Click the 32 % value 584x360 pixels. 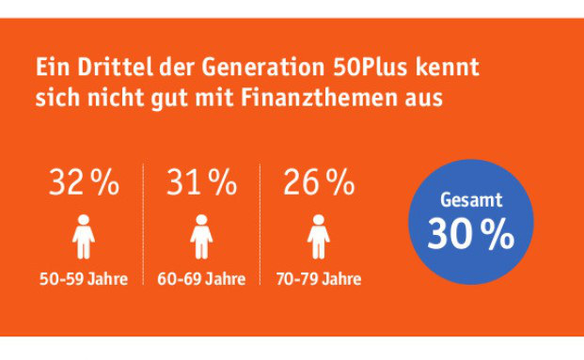click(x=85, y=183)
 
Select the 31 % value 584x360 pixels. click(x=201, y=183)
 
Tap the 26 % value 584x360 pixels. click(x=319, y=183)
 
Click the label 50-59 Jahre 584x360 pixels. click(x=85, y=279)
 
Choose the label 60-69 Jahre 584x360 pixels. click(x=201, y=279)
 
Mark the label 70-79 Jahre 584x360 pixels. click(x=319, y=279)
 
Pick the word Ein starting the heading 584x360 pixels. click(x=50, y=68)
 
